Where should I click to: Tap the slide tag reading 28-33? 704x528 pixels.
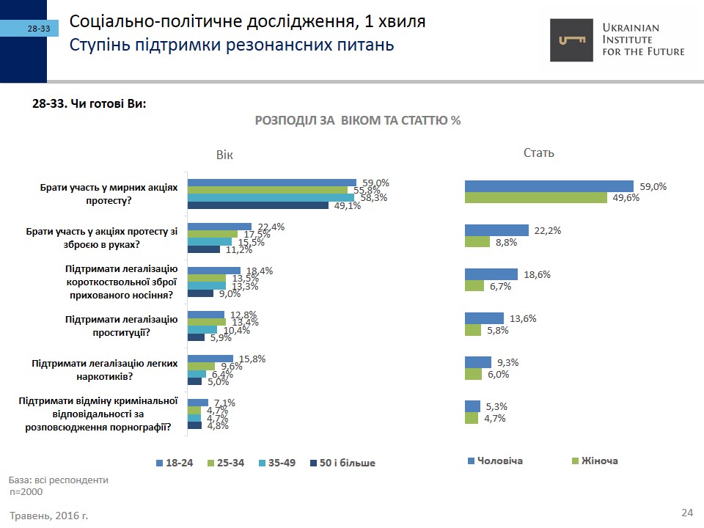pos(39,29)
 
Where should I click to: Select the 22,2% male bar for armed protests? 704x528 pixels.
pos(496,230)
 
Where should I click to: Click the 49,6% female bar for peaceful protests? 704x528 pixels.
pos(535,197)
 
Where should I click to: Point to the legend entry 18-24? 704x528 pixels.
pos(175,463)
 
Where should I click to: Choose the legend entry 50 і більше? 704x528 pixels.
pos(342,463)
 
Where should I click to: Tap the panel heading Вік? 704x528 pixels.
pos(225,155)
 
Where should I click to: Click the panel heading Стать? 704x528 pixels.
pos(539,153)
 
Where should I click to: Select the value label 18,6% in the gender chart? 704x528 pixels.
pos(537,274)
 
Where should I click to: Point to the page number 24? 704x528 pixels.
pos(687,512)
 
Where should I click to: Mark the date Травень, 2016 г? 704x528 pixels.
pos(49,516)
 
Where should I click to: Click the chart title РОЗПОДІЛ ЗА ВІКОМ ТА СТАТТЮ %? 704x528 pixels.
pos(357,120)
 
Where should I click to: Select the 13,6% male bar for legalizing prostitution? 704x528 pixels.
pos(484,318)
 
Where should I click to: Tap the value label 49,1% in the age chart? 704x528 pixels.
pos(348,206)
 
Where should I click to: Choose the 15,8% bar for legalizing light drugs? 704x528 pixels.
pos(210,359)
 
